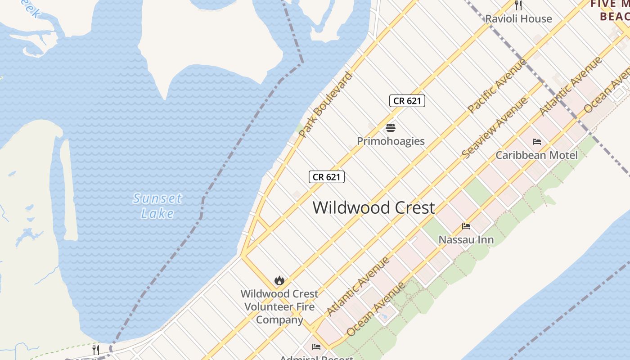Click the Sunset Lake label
coord(157,206)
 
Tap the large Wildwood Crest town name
coord(373,207)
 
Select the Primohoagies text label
coord(391,141)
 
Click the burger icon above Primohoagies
coord(391,128)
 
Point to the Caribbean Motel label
coord(536,155)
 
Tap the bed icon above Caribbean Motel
coord(536,142)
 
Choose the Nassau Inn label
coord(466,239)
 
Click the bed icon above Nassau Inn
coord(466,226)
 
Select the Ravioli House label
coord(518,18)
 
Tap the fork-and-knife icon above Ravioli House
coord(518,5)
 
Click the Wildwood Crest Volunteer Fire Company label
coord(279,306)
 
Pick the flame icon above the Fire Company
coord(279,281)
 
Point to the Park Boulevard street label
coord(325,104)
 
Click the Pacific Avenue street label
coord(497,85)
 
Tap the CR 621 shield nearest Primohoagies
coord(407,101)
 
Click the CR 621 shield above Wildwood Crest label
coord(327,177)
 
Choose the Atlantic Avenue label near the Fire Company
coord(358,286)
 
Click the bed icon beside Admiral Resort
coord(316,347)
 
